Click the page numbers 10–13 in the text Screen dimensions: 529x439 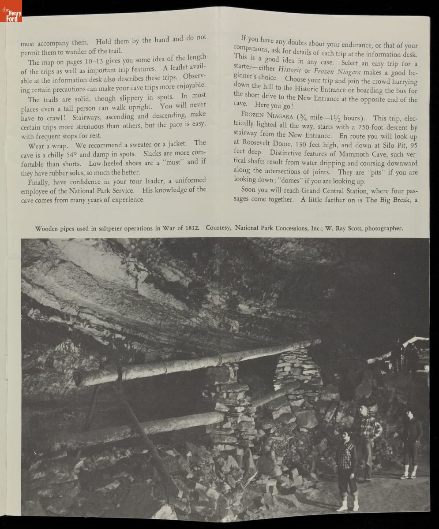(104, 59)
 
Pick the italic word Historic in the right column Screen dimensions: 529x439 (287, 71)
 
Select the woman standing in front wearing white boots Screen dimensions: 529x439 (347, 467)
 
